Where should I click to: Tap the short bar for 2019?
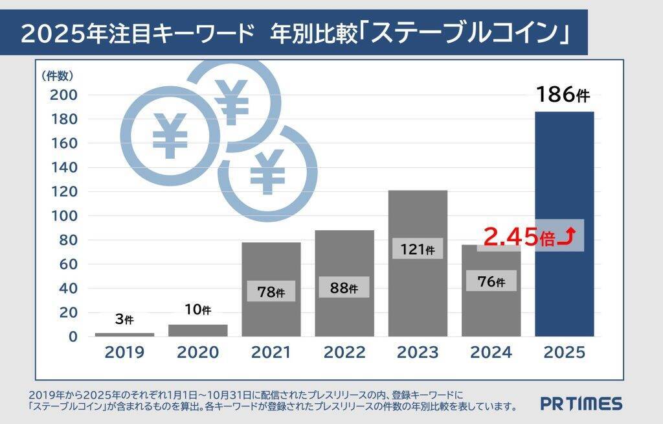pos(124,335)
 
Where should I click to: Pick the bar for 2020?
pos(197,330)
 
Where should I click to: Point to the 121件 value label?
pos(417,249)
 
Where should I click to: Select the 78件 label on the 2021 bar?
pos(270,292)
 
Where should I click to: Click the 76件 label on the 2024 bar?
pos(490,281)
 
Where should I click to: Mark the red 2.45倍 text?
pos(519,237)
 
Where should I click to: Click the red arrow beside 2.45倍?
pos(567,237)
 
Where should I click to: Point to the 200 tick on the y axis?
pos(63,95)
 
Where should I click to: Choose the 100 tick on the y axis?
pos(63,216)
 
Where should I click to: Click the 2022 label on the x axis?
pos(344,353)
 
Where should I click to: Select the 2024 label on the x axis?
pos(491,353)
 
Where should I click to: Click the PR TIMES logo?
pos(581,404)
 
